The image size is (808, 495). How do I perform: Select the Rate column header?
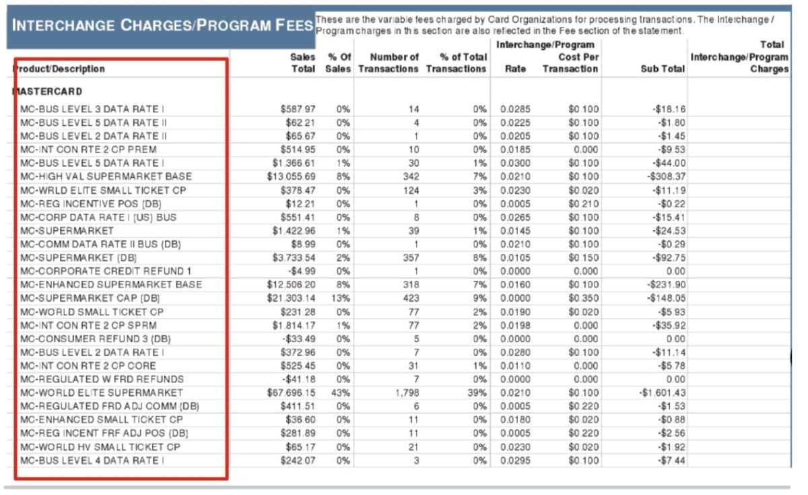pos(515,69)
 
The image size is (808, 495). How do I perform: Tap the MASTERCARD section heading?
pos(46,91)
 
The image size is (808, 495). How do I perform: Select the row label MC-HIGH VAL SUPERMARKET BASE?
pos(106,176)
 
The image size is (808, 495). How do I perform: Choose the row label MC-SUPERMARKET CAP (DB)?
pos(90,298)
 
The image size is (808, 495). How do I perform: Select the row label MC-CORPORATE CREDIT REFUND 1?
pos(106,271)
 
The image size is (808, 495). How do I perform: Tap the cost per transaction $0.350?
pos(583,298)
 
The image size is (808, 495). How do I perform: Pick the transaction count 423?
pos(413,298)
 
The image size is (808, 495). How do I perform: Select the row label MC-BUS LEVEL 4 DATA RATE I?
pos(92,461)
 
